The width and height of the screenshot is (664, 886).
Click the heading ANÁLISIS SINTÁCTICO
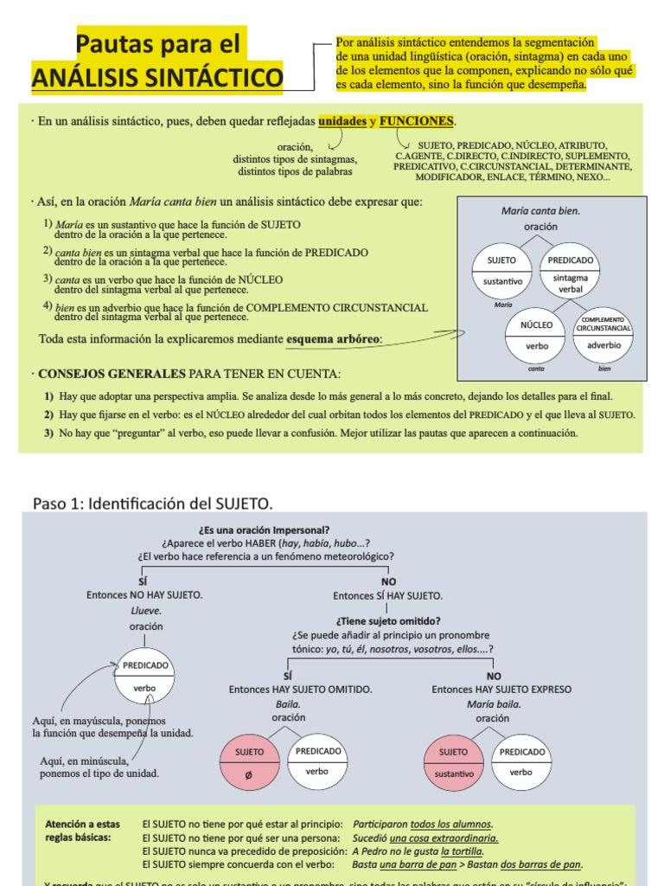click(x=156, y=79)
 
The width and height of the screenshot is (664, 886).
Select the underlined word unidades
click(x=342, y=121)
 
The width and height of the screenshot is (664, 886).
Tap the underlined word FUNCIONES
click(x=416, y=121)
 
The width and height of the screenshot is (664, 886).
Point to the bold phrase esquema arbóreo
click(x=333, y=338)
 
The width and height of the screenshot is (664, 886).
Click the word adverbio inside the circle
click(x=603, y=345)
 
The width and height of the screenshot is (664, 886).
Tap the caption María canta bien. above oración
click(x=540, y=210)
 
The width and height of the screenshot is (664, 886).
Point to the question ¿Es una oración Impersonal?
click(x=264, y=530)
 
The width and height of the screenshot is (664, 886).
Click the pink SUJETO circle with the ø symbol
click(x=249, y=762)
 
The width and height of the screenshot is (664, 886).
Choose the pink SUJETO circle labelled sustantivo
click(x=454, y=762)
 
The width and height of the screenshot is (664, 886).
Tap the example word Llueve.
click(x=145, y=611)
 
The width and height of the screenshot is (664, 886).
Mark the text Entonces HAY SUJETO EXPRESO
click(x=501, y=690)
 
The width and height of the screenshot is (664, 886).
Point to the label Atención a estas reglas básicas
click(x=83, y=831)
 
